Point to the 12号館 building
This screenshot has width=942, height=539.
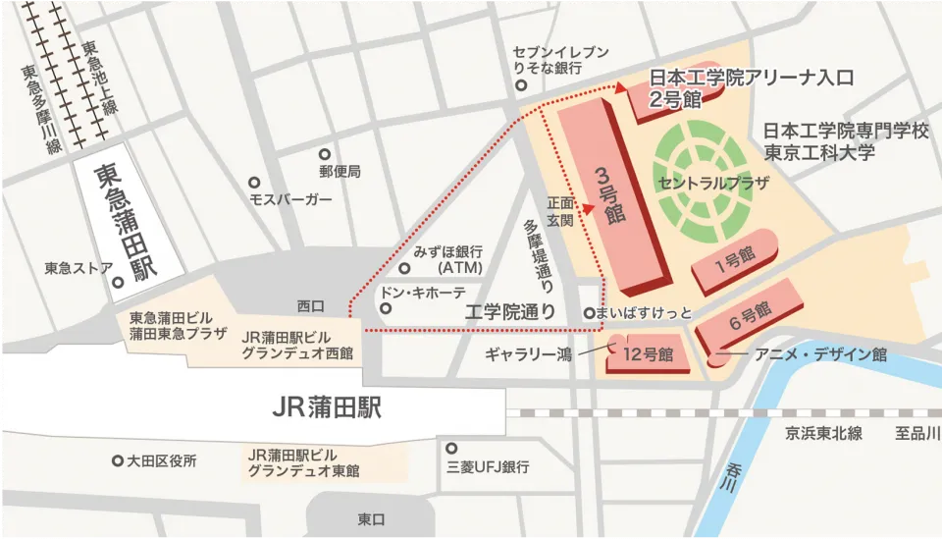tap(648, 354)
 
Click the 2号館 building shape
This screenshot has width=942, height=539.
tap(677, 99)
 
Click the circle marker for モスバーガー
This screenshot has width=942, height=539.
tap(253, 183)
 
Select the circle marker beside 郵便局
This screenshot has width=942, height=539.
tap(325, 154)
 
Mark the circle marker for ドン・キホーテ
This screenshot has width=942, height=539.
tap(386, 308)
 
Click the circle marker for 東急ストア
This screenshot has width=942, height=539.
tap(117, 284)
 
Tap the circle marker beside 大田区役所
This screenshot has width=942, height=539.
tap(118, 459)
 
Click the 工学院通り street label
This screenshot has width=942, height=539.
tap(510, 312)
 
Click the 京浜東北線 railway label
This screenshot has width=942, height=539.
tap(823, 433)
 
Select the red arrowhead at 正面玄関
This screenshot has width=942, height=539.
tap(589, 208)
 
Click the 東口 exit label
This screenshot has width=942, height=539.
tap(371, 518)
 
